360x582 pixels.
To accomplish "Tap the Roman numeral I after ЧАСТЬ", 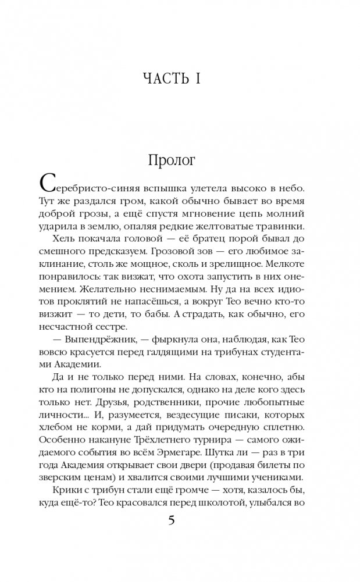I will tap(198, 78).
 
